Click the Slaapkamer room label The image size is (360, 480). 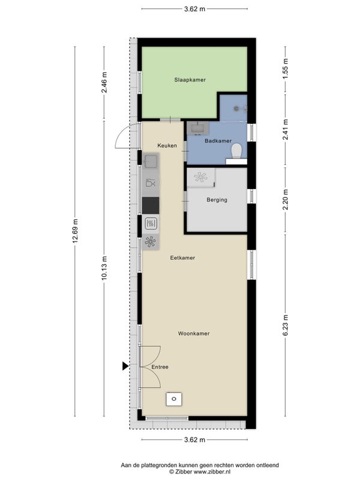pos(190,80)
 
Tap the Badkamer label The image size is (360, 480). pos(218,141)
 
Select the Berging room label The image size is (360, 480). pos(217,200)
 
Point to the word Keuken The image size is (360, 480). pos(167,145)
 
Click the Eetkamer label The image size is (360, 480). pos(182,258)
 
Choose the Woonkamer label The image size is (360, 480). pos(194,334)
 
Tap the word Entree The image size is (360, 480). pos(160,367)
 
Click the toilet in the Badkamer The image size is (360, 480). pos(236,152)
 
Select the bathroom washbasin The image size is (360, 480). pos(197,128)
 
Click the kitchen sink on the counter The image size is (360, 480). pos(151,161)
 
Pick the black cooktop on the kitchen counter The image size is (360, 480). pos(151,205)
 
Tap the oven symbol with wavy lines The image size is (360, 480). pos(151,223)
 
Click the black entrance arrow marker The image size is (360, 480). pos(125,366)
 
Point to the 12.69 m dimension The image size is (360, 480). pos(76,231)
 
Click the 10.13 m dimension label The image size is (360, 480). pos(104,268)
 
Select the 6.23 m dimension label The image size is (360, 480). pos(286,325)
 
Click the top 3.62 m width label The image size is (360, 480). pos(194,9)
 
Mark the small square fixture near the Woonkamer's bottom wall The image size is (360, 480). pos(174,399)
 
